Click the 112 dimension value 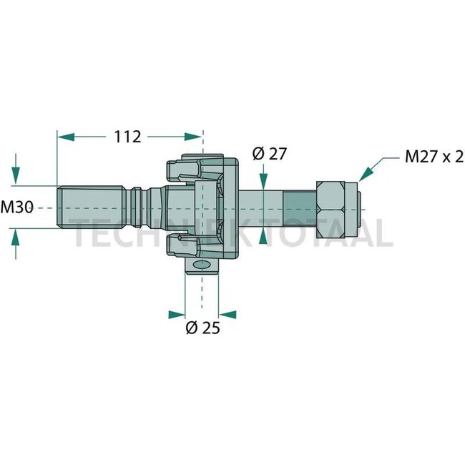(x=127, y=137)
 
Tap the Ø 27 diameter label (x=269, y=152)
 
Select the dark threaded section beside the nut (x=299, y=207)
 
